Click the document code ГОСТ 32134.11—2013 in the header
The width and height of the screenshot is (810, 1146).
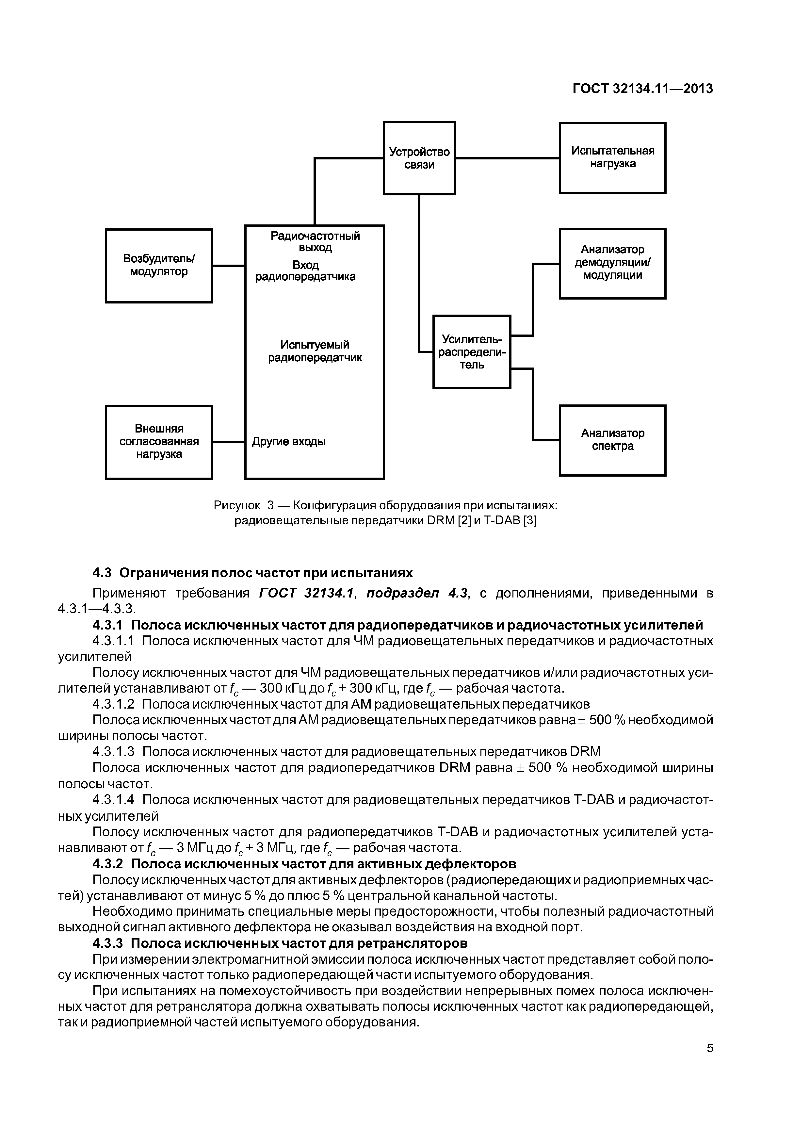(642, 89)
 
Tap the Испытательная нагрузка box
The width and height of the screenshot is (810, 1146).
(612, 158)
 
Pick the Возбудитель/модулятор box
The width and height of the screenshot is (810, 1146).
(159, 266)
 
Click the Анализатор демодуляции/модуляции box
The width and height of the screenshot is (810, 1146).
(612, 263)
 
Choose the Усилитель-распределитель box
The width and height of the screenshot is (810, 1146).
(472, 352)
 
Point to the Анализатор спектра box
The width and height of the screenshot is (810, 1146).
(612, 440)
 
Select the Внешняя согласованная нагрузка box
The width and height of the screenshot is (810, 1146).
(159, 442)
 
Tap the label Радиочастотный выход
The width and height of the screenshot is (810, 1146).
(315, 241)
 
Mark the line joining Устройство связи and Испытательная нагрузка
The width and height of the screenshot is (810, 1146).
(507, 158)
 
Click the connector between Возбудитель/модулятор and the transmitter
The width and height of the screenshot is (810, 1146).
(228, 266)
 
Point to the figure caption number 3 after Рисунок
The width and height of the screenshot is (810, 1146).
(270, 506)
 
